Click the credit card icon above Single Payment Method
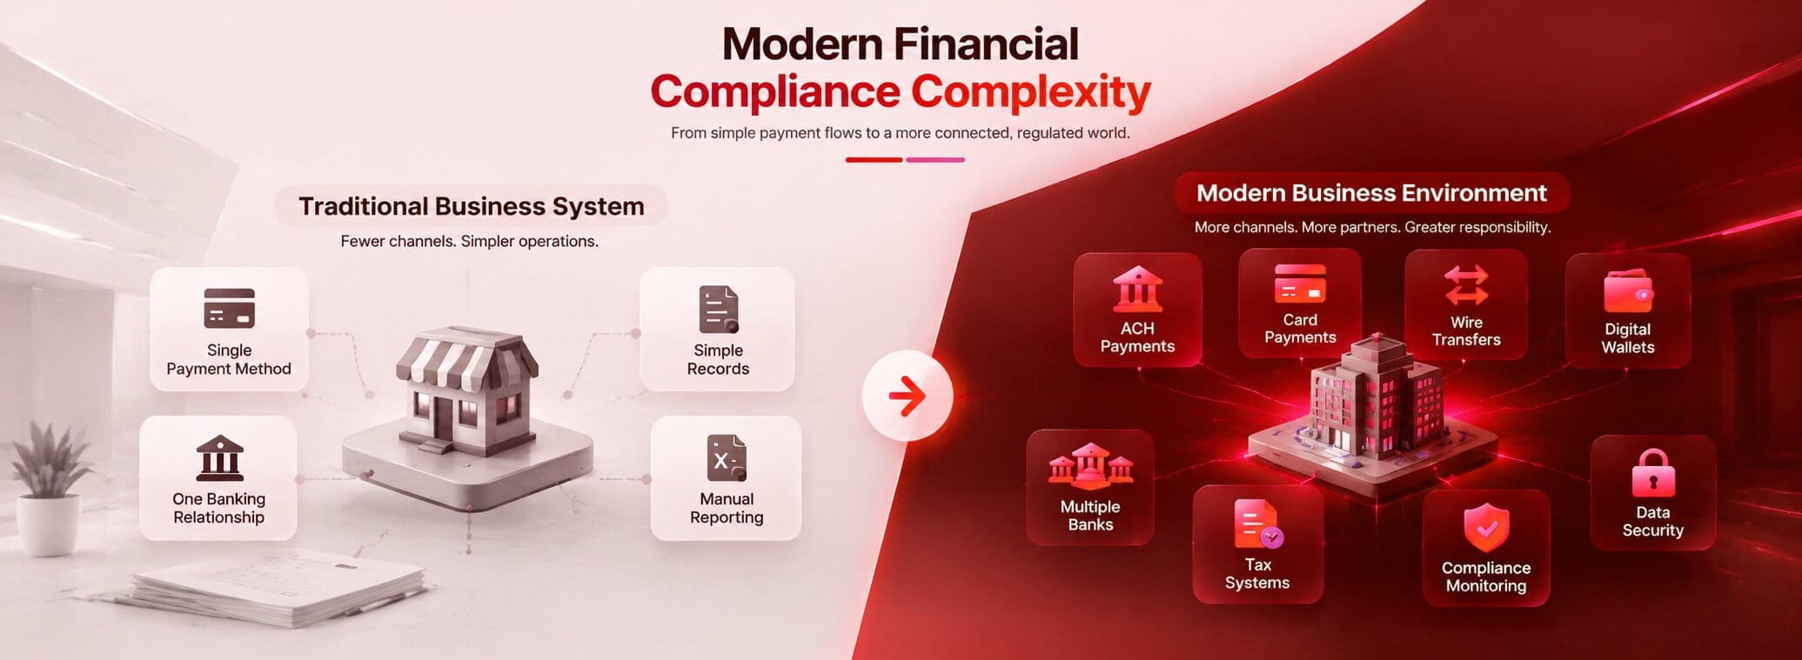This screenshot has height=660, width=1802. (229, 308)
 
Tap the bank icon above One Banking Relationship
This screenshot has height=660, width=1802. (219, 457)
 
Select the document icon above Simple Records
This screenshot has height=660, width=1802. (719, 310)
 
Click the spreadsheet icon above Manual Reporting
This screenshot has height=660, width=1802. (727, 458)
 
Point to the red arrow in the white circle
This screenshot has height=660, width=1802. (908, 397)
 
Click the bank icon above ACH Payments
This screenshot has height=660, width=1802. (1137, 290)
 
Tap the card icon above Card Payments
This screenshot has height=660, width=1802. (1300, 283)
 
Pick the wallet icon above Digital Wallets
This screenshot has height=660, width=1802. (1628, 291)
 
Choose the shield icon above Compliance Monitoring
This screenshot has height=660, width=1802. (1486, 527)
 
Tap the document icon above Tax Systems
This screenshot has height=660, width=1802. (1258, 523)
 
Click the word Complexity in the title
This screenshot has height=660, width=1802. (1030, 91)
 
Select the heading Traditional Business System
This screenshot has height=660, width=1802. (472, 206)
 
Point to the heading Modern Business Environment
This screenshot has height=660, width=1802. (1371, 193)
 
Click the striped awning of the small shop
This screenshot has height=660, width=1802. (466, 359)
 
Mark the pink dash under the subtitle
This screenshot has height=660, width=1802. (935, 160)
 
